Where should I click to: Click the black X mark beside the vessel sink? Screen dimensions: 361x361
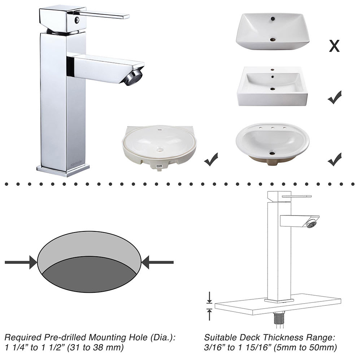pyautogui.click(x=334, y=46)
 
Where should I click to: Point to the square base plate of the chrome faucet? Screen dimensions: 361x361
pyautogui.click(x=63, y=170)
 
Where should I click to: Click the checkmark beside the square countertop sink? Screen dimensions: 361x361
pyautogui.click(x=334, y=97)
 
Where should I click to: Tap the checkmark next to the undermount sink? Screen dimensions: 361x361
pyautogui.click(x=211, y=159)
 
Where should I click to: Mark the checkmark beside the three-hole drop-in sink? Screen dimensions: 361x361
pyautogui.click(x=334, y=159)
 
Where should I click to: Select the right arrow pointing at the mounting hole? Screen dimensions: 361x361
pyautogui.click(x=157, y=262)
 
